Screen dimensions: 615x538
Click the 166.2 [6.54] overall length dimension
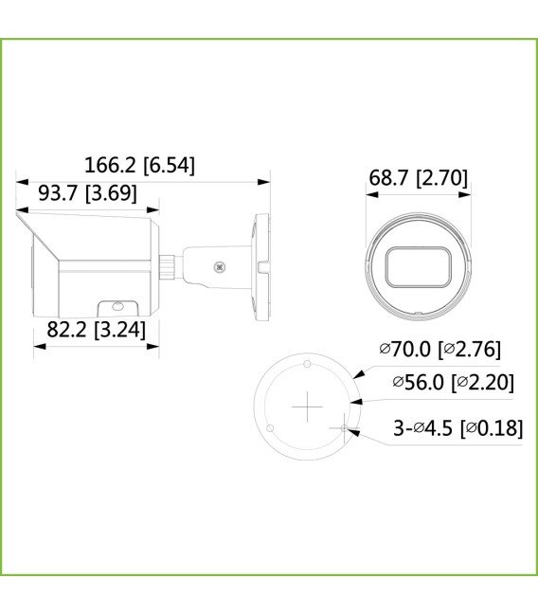(x=139, y=165)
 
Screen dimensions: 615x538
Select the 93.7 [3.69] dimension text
(x=87, y=193)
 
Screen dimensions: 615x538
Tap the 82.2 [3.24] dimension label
(x=96, y=331)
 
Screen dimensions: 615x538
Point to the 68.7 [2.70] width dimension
(x=418, y=178)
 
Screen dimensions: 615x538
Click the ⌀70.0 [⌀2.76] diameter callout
(x=440, y=350)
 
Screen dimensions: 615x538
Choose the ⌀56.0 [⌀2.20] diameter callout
(x=453, y=382)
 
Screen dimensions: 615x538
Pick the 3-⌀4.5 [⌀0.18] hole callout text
(x=457, y=428)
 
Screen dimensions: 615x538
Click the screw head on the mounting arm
(x=222, y=266)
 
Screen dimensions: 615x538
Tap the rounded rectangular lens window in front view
(x=418, y=267)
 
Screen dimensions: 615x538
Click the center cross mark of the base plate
(x=308, y=407)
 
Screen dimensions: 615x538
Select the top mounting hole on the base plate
(x=308, y=365)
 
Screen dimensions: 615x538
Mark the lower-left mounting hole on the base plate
(x=271, y=429)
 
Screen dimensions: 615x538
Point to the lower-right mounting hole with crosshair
(x=345, y=429)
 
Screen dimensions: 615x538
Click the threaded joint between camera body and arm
(x=168, y=266)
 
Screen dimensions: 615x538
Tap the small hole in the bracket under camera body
(x=117, y=307)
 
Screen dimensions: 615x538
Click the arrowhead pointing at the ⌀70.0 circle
(x=359, y=375)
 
